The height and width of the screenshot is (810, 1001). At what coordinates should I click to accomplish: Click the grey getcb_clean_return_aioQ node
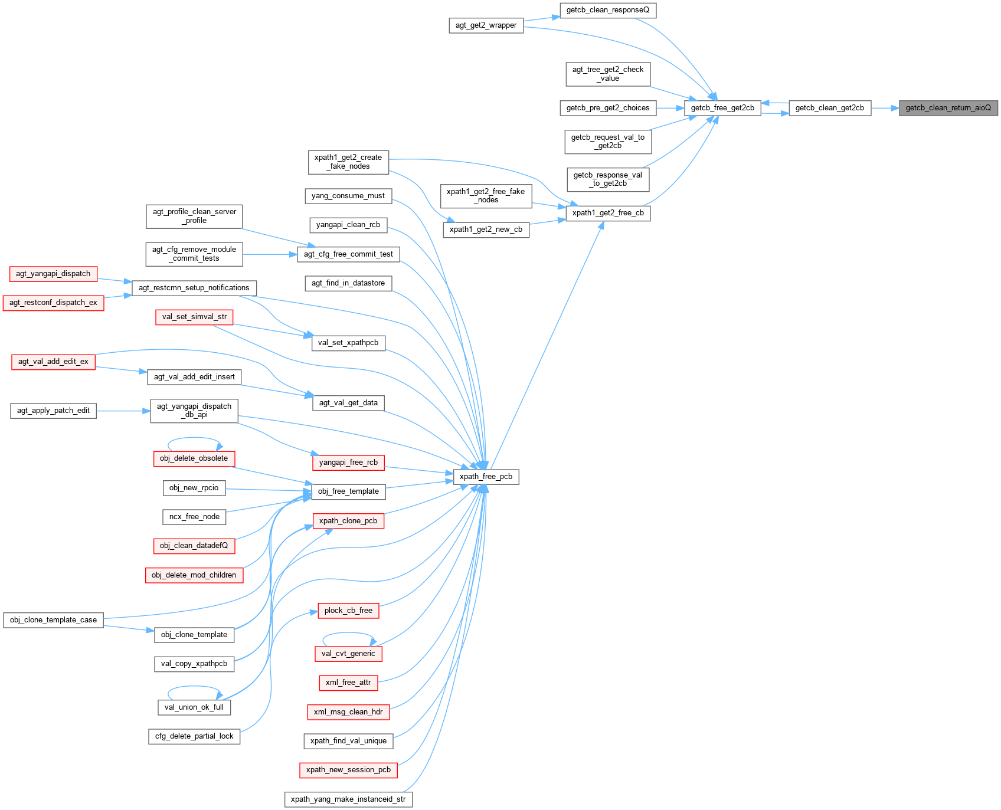click(x=948, y=108)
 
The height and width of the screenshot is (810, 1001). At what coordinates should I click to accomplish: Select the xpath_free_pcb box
click(x=486, y=477)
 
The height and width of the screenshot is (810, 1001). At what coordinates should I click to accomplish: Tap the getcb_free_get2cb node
click(x=722, y=108)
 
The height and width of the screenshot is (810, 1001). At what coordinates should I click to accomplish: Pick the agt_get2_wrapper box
click(x=486, y=25)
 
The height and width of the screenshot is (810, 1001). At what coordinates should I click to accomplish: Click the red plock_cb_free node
click(x=348, y=611)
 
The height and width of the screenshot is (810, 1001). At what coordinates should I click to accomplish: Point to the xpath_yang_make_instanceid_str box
click(x=348, y=799)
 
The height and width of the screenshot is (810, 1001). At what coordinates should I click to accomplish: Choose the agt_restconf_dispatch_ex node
click(x=53, y=303)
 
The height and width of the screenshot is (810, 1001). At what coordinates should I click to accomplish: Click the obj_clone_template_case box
click(x=53, y=620)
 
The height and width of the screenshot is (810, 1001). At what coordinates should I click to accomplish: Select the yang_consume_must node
click(x=348, y=196)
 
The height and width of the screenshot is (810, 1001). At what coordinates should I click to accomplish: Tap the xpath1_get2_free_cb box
click(x=608, y=213)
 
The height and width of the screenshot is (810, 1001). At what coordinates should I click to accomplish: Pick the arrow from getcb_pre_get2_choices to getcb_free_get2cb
click(x=669, y=108)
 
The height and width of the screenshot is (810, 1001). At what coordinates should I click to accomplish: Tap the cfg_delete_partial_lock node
click(x=194, y=736)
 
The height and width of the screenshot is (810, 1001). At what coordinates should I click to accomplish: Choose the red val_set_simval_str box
click(x=194, y=317)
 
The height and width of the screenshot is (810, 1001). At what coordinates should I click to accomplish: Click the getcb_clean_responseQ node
click(x=607, y=10)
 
